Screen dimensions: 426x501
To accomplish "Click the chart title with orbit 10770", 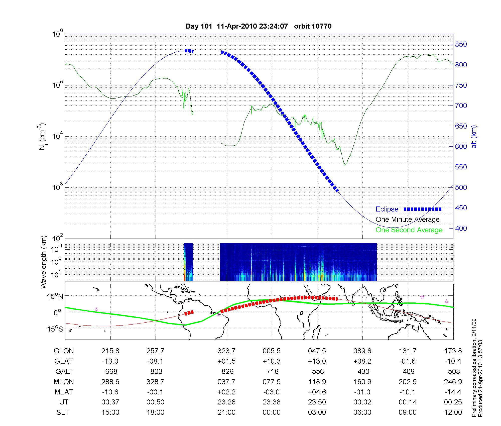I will [259, 26].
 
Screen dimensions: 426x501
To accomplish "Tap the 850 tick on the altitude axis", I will [461, 44].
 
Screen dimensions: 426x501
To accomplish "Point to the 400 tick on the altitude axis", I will [461, 228].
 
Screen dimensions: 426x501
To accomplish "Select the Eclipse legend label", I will [387, 209].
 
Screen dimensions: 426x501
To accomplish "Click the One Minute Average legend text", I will [408, 220].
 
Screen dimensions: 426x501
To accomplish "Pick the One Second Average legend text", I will [409, 230].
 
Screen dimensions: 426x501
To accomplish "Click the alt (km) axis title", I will [474, 137].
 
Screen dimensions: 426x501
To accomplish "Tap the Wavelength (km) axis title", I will [44, 262].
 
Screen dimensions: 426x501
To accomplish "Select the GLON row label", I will [64, 351].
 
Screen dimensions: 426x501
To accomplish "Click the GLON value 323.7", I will [226, 351].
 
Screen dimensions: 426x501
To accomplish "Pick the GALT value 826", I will [227, 371].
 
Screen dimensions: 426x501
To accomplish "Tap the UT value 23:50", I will [317, 402].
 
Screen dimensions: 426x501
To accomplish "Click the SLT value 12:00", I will [453, 412].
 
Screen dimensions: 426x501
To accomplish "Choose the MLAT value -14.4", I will [453, 392].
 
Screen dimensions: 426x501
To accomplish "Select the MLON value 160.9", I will [362, 382].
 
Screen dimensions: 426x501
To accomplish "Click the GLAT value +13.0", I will [317, 361].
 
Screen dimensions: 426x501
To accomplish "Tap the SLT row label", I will [63, 412].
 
